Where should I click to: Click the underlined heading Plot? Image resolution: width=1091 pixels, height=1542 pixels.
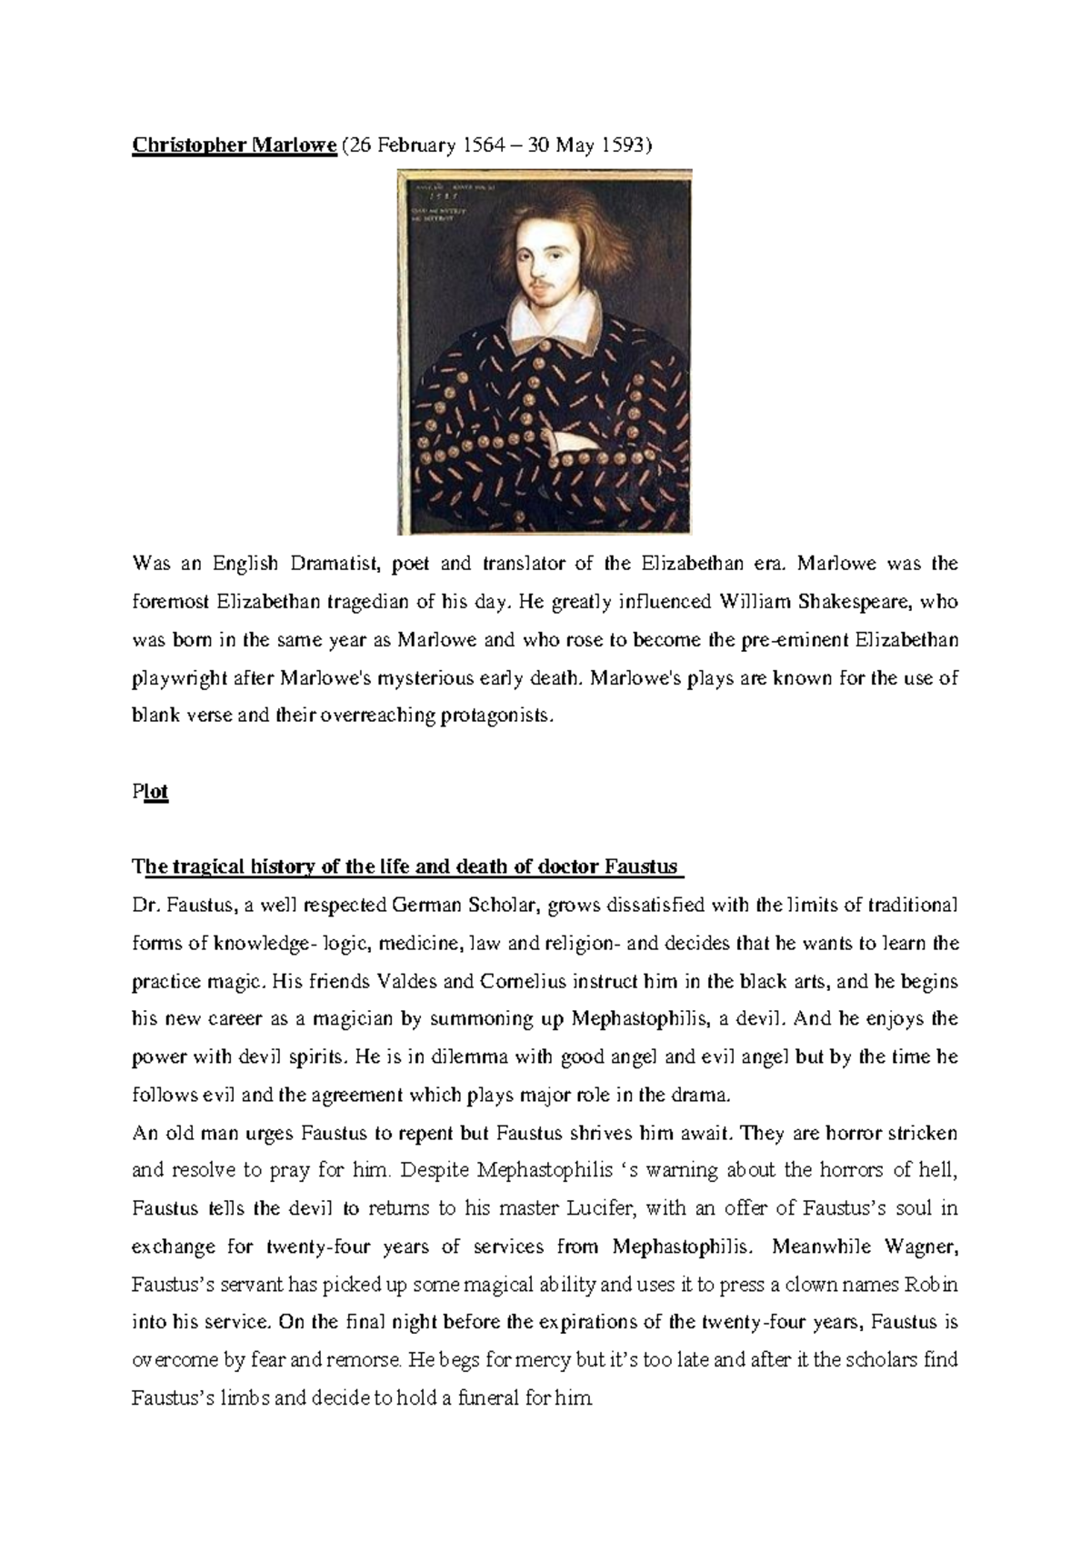150,791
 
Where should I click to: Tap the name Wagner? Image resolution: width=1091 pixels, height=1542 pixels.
921,1246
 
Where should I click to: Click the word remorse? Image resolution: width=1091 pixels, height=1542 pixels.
362,1360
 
